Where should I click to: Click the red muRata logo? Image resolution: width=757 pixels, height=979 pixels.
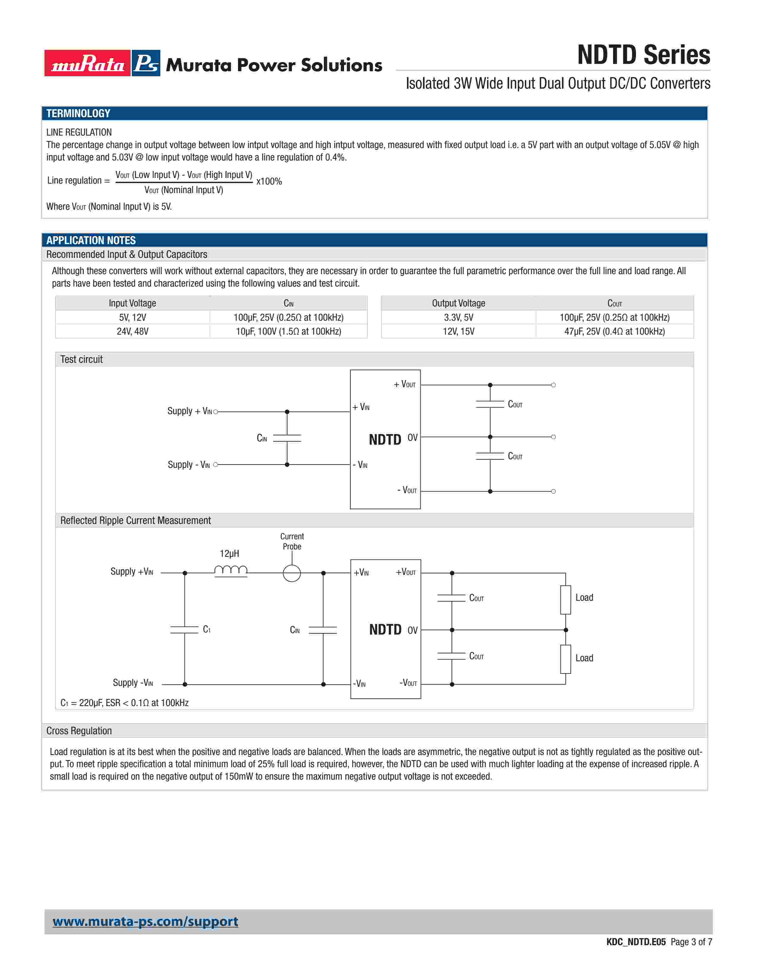[x=88, y=63]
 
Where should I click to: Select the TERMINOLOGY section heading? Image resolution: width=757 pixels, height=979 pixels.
[x=78, y=113]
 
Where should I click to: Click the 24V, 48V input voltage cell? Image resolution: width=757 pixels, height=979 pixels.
[x=132, y=331]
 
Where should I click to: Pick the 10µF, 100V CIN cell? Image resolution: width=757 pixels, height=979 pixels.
[x=288, y=331]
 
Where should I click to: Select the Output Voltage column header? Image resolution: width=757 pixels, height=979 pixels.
[x=458, y=303]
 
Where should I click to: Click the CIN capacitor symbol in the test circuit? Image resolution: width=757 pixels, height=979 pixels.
[x=287, y=438]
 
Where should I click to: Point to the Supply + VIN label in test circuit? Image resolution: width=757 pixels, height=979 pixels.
[x=189, y=411]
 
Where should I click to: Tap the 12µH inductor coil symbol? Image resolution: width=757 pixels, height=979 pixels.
[x=230, y=570]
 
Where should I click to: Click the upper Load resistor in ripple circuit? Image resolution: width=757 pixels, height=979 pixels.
[x=566, y=600]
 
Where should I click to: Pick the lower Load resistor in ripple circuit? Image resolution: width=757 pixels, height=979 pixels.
[x=566, y=659]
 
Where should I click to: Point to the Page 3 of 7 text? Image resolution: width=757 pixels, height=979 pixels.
[x=691, y=942]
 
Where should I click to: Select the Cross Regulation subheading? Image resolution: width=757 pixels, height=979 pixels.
[x=79, y=731]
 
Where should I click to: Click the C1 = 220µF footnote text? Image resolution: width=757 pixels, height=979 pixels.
[x=124, y=703]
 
